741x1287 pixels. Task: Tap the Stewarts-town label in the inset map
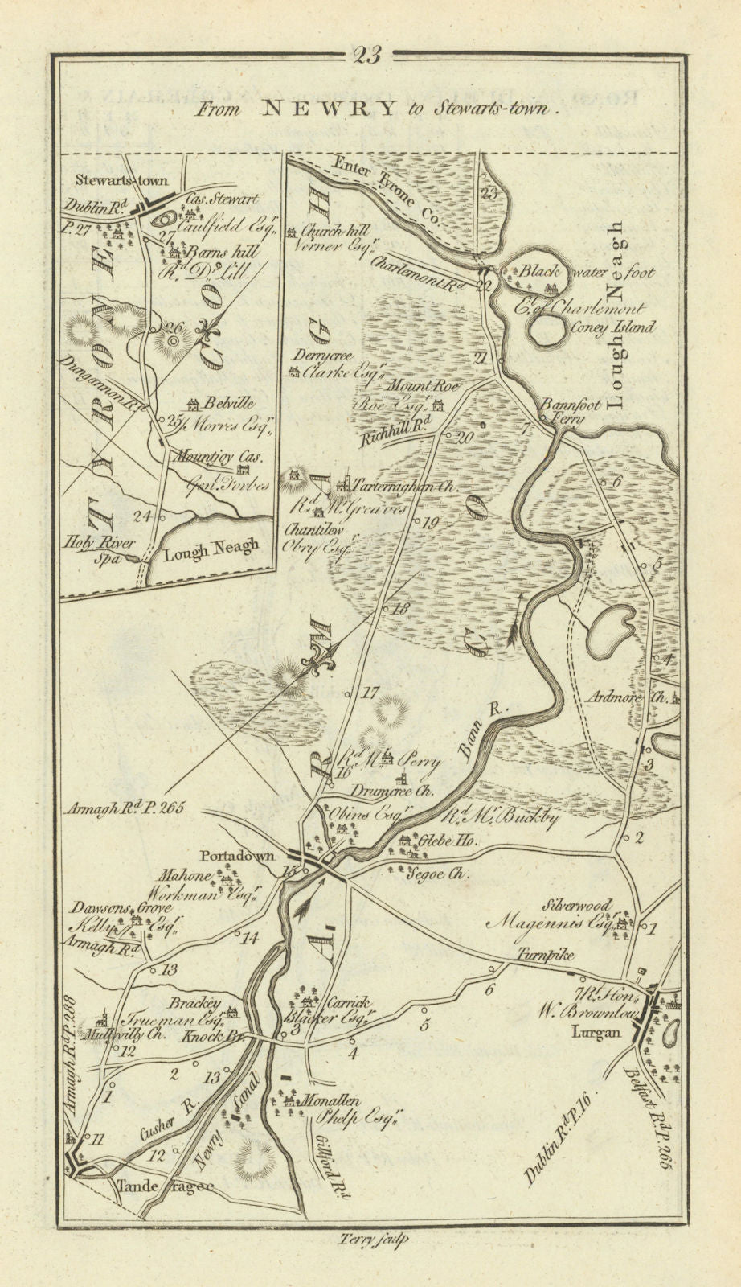(x=117, y=182)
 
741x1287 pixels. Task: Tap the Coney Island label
(x=618, y=327)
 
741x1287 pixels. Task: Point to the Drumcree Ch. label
(x=392, y=791)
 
